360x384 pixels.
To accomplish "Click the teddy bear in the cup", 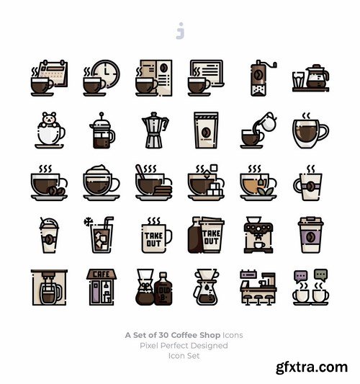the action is (49, 120).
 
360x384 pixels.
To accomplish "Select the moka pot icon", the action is (155, 130).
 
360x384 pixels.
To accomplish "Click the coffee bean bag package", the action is (206, 130).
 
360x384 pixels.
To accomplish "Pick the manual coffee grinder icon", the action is (261, 78).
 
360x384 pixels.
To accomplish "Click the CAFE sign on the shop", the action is (102, 274).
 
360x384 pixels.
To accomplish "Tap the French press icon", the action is (102, 130).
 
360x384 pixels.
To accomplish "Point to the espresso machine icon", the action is (258, 235).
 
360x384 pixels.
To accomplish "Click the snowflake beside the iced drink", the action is (88, 222).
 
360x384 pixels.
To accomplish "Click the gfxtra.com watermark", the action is (312, 367).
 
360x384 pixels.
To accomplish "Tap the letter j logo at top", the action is (180, 31).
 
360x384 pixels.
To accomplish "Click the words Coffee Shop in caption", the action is (195, 335).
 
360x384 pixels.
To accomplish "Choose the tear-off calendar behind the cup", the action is (54, 73).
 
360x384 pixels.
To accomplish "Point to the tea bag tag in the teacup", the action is (261, 182).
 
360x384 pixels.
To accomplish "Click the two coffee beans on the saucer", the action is (57, 191).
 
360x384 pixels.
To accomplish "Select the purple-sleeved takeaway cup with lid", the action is (310, 235).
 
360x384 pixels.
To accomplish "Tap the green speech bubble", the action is (321, 275).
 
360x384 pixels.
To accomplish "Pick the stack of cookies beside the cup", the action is (163, 191).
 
